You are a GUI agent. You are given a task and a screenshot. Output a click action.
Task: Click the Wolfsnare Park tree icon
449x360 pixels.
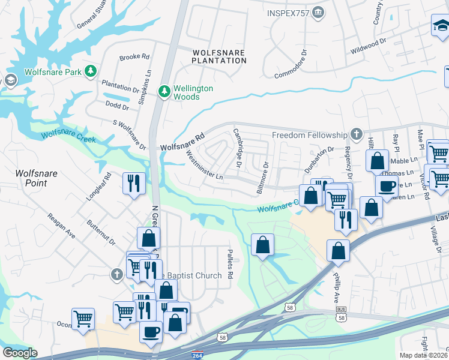[91, 72]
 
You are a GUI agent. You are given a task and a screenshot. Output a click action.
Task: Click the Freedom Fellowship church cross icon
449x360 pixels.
[356, 134]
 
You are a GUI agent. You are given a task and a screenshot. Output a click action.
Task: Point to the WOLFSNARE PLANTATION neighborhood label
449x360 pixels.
[218, 56]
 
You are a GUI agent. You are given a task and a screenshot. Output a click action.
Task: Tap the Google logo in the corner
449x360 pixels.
[20, 353]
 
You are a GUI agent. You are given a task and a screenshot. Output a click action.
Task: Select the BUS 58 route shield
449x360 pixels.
[341, 313]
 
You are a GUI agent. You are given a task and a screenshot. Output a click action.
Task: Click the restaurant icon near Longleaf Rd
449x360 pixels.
[133, 182]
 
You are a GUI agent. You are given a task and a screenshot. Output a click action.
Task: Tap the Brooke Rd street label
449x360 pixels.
[134, 57]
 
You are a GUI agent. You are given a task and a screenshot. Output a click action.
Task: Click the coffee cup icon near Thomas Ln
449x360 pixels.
[387, 185]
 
